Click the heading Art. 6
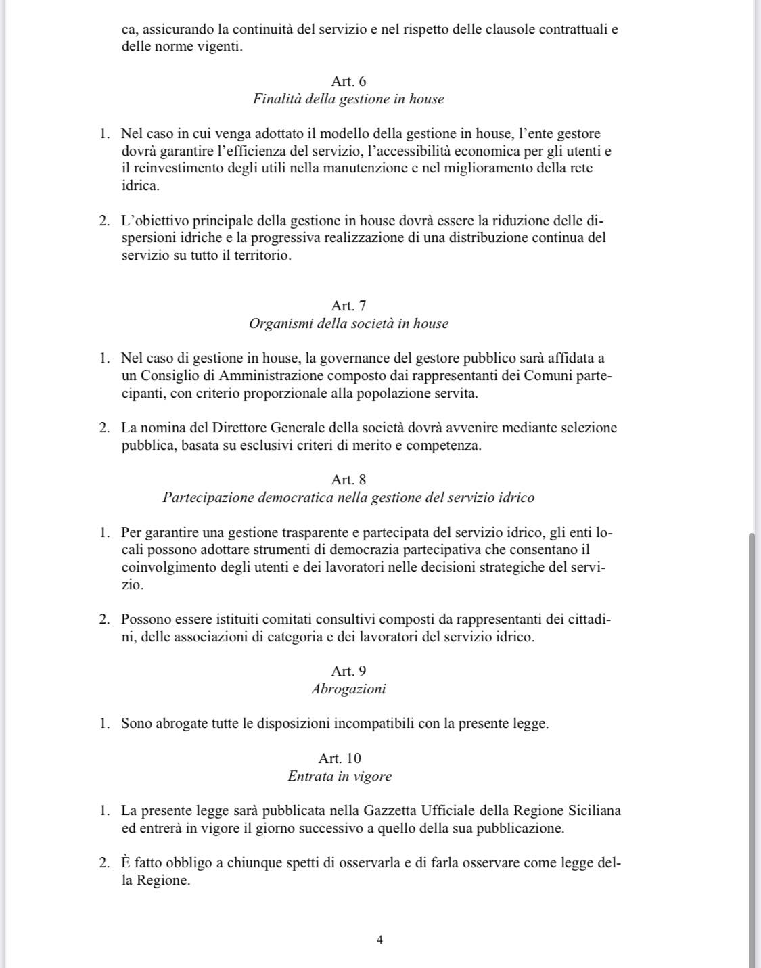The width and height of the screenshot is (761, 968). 348,81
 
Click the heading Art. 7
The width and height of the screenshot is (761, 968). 348,306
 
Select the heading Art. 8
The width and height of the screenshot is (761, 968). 348,480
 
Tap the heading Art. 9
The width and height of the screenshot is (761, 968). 348,671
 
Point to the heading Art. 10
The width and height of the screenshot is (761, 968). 340,758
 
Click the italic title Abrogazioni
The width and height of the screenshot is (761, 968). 348,689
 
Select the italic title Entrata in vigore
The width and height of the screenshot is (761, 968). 340,776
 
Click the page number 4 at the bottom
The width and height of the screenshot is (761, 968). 379,940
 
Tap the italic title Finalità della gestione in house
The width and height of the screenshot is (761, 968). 348,99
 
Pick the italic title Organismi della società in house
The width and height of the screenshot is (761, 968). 348,323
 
